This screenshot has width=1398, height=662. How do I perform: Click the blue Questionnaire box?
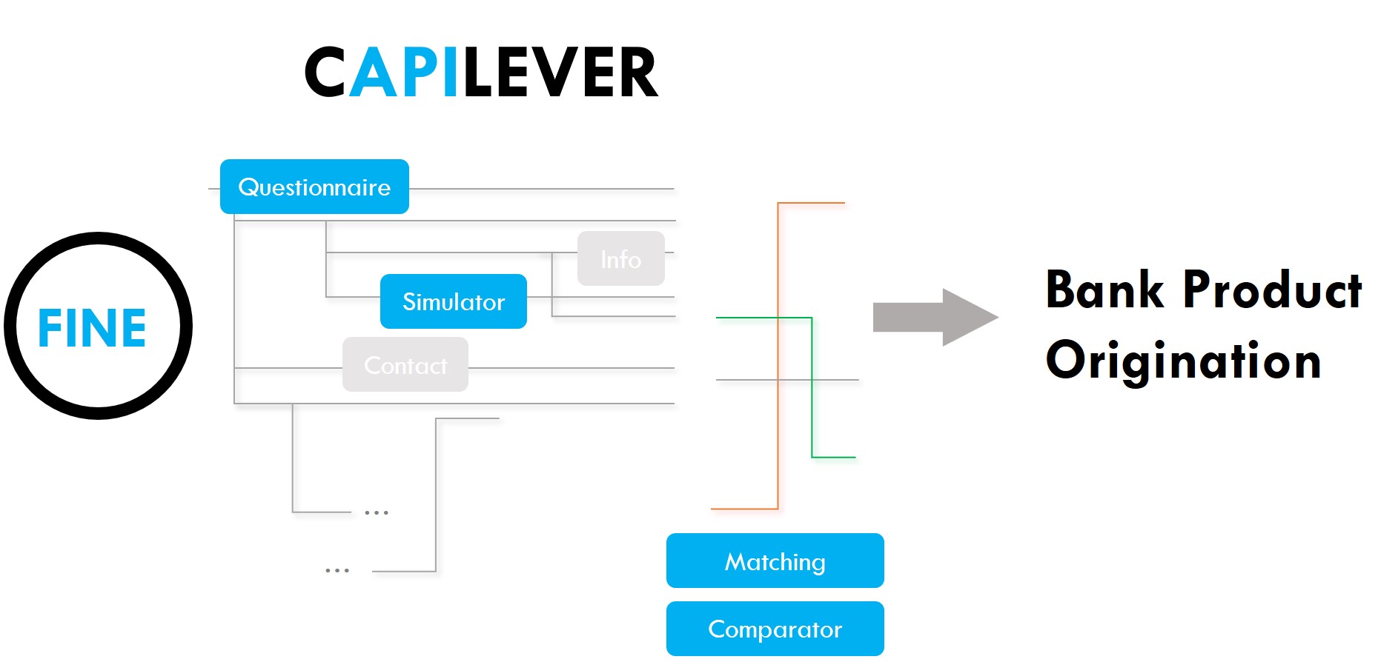[314, 187]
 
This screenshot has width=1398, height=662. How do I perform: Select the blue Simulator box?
[454, 301]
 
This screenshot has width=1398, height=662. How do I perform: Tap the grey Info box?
[621, 258]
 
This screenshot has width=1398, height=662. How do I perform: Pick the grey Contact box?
[405, 364]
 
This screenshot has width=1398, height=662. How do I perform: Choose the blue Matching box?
[775, 561]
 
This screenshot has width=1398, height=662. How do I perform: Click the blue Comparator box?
[775, 629]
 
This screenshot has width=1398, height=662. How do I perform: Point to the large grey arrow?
[935, 317]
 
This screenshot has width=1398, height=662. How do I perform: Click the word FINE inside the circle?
[92, 328]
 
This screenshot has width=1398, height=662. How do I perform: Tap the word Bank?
[1105, 290]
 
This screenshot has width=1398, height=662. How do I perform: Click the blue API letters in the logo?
[404, 73]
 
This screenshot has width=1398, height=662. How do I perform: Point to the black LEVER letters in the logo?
[561, 73]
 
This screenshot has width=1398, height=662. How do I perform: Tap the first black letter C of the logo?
[325, 73]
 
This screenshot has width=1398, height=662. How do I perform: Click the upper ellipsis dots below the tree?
[377, 512]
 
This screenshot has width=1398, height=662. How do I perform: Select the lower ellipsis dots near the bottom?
[337, 570]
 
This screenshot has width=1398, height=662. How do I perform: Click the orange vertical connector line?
[778, 355]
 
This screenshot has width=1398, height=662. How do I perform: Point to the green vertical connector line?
[812, 387]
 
